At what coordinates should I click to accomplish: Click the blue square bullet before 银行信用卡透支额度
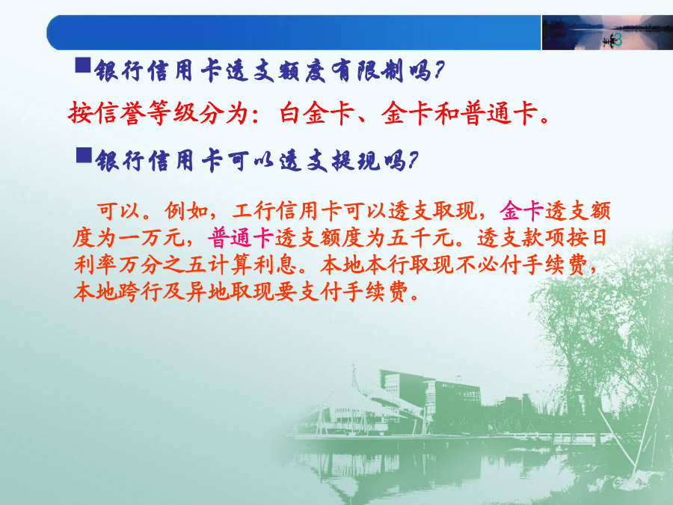(83, 65)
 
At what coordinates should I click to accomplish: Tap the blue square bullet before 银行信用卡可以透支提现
(84, 155)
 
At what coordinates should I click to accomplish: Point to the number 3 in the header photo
(618, 40)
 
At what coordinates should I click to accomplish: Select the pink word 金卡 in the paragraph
(522, 210)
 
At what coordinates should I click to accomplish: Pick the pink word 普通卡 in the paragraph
(242, 237)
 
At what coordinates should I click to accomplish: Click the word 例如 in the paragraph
(187, 210)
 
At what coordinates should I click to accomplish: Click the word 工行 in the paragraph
(253, 210)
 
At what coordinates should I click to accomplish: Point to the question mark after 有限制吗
(439, 70)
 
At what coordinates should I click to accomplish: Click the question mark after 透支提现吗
(413, 161)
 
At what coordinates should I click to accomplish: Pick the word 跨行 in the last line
(141, 292)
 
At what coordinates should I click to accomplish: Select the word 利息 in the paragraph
(274, 265)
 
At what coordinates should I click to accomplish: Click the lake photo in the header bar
(607, 33)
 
